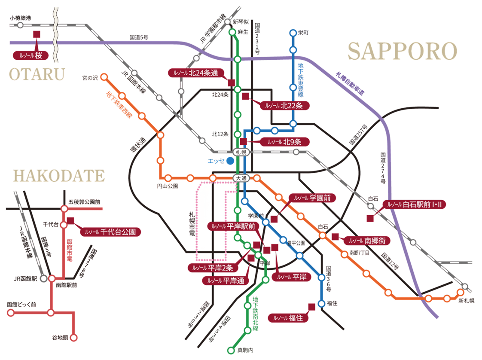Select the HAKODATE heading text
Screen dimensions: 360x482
pos(59,175)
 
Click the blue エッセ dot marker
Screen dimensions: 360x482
pos(230,161)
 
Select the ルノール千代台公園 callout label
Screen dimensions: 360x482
pos(110,232)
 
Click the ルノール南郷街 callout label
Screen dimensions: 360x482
pos(367,241)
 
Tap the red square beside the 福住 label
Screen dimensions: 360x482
pos(311,306)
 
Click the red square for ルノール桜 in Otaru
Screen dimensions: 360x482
pos(37,34)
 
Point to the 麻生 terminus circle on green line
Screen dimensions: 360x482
pos(232,32)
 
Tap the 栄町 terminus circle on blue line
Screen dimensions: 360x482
pos(293,32)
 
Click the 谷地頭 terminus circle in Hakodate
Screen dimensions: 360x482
pos(74,337)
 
